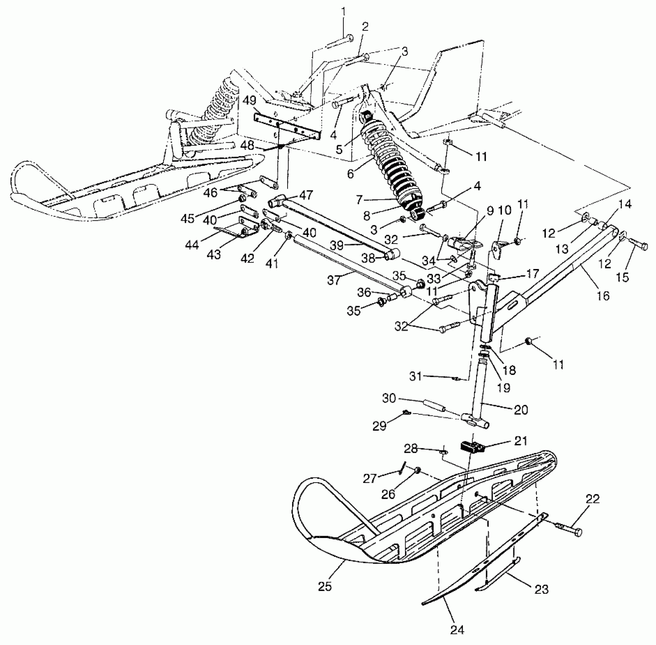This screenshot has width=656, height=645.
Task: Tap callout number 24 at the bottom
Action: (x=457, y=629)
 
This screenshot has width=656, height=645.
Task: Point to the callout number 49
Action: (x=249, y=101)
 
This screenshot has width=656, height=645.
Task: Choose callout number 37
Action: (x=334, y=280)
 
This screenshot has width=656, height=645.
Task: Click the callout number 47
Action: (x=306, y=195)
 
